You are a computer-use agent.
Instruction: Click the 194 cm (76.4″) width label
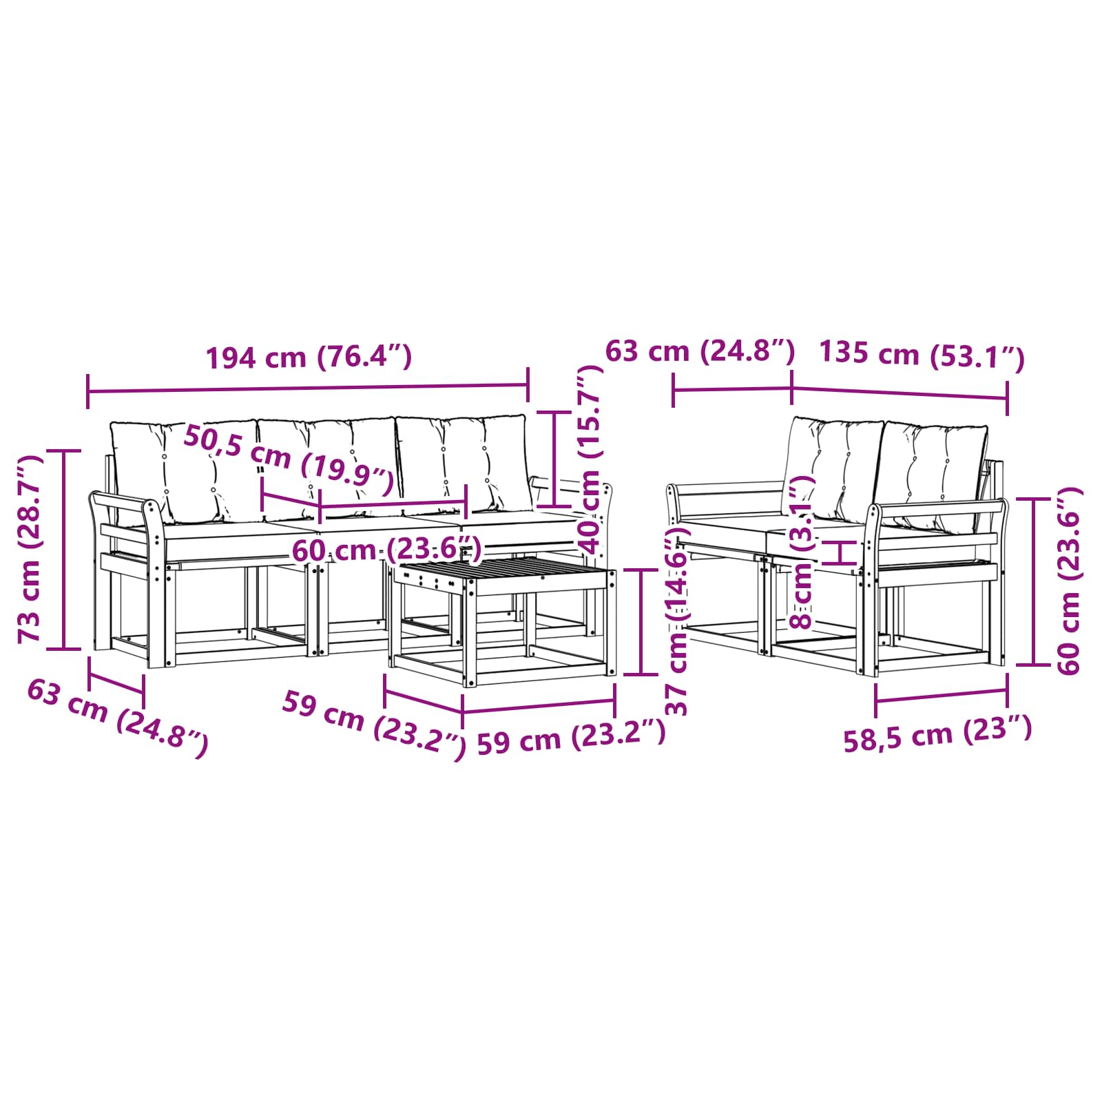pos(309,357)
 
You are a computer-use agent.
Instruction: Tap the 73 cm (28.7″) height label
pos(31,548)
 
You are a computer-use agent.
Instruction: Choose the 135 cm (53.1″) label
pos(922,355)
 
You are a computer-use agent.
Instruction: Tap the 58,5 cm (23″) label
pos(938,733)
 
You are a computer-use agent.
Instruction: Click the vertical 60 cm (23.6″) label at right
pos(1068,580)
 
